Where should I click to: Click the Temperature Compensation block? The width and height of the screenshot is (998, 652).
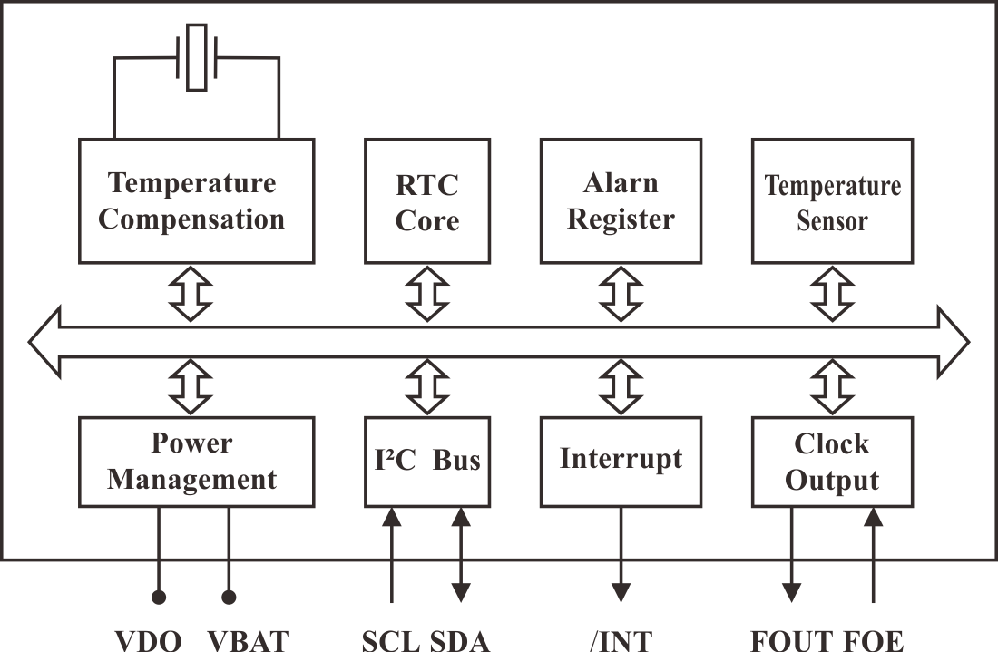coord(195,200)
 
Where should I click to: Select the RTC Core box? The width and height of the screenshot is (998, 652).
coord(426,200)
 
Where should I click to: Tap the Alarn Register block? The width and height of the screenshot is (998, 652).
coord(621,200)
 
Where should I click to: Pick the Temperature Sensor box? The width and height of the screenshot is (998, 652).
coord(832,200)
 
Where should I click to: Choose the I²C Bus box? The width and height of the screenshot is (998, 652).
coord(426,461)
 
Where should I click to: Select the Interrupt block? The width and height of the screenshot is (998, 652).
coord(621,461)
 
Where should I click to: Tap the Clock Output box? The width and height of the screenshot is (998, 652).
coord(832,461)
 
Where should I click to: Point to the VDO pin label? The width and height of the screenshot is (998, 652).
coord(149,640)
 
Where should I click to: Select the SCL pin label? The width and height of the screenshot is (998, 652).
coord(392,640)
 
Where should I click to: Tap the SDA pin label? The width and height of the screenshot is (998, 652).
coord(459,640)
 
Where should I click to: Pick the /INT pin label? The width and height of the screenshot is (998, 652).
coord(621,640)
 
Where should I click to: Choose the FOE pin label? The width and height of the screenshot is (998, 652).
coord(874,640)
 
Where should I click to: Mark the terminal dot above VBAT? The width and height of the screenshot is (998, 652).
coord(229,598)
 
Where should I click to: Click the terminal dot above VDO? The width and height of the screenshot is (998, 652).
coord(159,598)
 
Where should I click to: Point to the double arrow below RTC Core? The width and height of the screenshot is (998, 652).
coord(426,293)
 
